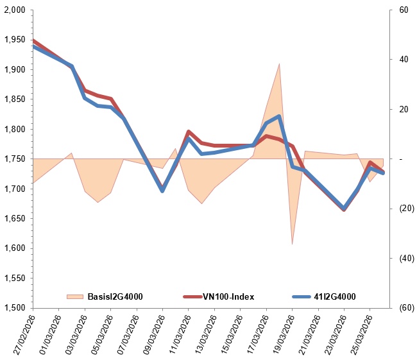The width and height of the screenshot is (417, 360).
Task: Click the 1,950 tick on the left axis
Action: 14,40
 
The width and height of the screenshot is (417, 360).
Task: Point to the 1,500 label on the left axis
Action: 14,307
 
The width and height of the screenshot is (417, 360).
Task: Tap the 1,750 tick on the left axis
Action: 14,159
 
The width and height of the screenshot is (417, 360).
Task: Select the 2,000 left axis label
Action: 14,10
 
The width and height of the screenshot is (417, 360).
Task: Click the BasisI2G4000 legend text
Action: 114,296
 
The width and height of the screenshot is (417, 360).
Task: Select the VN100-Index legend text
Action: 229,296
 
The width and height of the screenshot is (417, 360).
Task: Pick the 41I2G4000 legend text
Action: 334,296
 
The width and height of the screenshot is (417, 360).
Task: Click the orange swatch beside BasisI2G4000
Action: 75,296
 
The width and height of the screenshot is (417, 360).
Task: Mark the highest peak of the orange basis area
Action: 279,64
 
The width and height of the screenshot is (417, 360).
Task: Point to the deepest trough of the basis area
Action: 292,244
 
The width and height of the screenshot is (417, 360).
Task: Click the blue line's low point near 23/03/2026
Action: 345,209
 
